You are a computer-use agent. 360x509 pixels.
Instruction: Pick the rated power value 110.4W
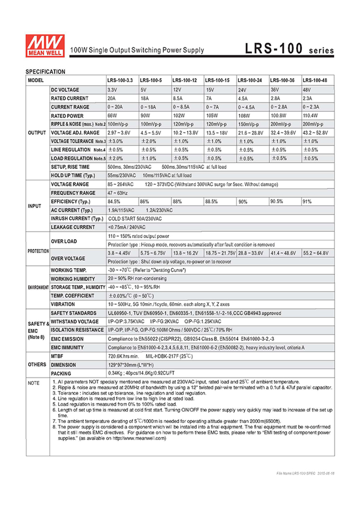pyautogui.click(x=311, y=115)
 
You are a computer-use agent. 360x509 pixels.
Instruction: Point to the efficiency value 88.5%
pyautogui.click(x=212, y=202)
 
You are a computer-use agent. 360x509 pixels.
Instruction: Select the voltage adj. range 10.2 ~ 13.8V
pyautogui.click(x=186, y=133)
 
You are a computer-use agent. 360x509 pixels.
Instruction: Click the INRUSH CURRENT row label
pyautogui.click(x=78, y=219)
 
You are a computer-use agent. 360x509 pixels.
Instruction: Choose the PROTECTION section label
pyautogui.click(x=37, y=251)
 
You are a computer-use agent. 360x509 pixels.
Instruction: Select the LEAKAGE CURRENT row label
pyautogui.click(x=73, y=227)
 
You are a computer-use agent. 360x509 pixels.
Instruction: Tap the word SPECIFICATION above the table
pyautogui.click(x=45, y=71)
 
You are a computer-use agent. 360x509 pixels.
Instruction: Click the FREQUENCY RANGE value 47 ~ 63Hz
pyautogui.click(x=118, y=193)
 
